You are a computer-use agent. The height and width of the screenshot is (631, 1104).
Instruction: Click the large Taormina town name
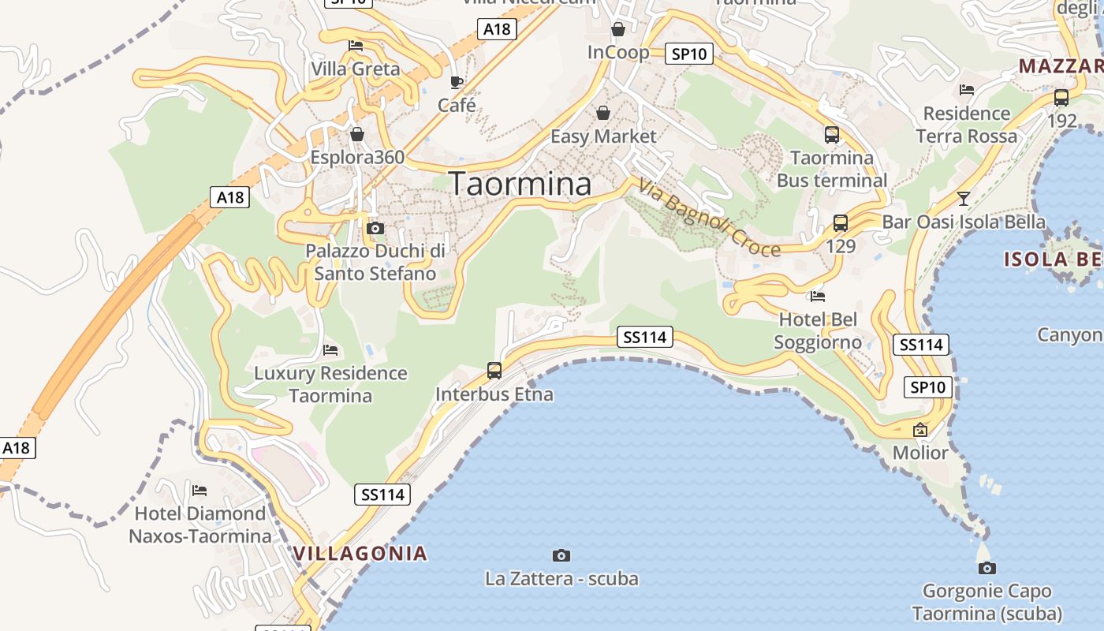[x=520, y=184]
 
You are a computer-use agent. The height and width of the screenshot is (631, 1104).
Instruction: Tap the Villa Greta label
[x=356, y=69]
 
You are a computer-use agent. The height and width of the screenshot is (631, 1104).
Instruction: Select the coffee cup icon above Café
[x=456, y=82]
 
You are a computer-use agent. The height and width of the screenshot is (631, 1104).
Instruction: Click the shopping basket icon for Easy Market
[x=603, y=114]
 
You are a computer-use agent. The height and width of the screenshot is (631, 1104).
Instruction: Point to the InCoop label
[x=618, y=53]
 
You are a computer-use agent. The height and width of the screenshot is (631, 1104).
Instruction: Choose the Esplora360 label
[x=357, y=157]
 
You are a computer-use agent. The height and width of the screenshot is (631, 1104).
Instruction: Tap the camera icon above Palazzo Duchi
[x=375, y=229]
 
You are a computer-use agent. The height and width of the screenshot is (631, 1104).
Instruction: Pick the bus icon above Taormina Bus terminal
[x=832, y=135]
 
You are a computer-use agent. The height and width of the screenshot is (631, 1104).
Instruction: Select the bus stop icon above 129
[x=841, y=223]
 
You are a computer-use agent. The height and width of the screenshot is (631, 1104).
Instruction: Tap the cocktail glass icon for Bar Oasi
[x=963, y=198]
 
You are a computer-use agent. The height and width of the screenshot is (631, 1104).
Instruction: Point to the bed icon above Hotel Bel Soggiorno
[x=818, y=297]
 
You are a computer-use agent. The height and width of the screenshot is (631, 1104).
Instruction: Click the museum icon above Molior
[x=919, y=430]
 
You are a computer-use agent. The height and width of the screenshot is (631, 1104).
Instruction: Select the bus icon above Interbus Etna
[x=494, y=371]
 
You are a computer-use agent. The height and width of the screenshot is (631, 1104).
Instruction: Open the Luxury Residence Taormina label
[x=330, y=384]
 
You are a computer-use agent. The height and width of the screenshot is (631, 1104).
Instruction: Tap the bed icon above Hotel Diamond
[x=200, y=491]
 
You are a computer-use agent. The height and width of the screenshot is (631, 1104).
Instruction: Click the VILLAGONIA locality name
[x=360, y=554]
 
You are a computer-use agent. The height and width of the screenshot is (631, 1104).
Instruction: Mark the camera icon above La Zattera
[x=561, y=555]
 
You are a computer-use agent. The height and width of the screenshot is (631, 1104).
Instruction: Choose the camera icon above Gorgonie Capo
[x=987, y=568]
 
